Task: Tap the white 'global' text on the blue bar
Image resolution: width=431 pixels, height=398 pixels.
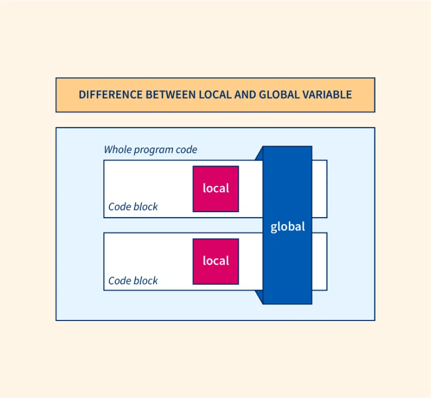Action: point(288,227)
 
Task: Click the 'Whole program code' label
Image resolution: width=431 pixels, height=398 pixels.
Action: point(150,150)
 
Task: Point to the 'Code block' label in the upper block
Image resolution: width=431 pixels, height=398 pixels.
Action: point(133,207)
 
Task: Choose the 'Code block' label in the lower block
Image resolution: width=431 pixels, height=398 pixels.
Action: point(133,281)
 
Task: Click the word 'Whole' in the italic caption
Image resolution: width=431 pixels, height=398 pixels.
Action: point(117,150)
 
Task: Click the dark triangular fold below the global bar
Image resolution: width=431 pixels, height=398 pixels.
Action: point(260,296)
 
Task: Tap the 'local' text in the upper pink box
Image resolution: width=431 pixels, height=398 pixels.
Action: point(215,188)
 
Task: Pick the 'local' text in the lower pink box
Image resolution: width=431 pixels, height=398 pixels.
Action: point(215,261)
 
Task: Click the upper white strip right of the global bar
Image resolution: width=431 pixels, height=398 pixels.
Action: point(319,188)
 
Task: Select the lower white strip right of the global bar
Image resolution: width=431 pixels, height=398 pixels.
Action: point(319,261)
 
